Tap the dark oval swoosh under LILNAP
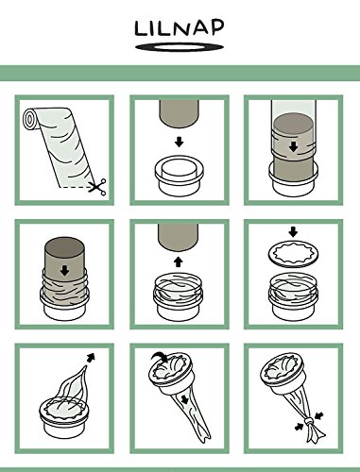tap(180, 47)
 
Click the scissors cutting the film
tap(93, 188)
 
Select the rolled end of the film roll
tap(31, 121)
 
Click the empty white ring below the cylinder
tap(179, 175)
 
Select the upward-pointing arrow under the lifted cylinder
tap(179, 257)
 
